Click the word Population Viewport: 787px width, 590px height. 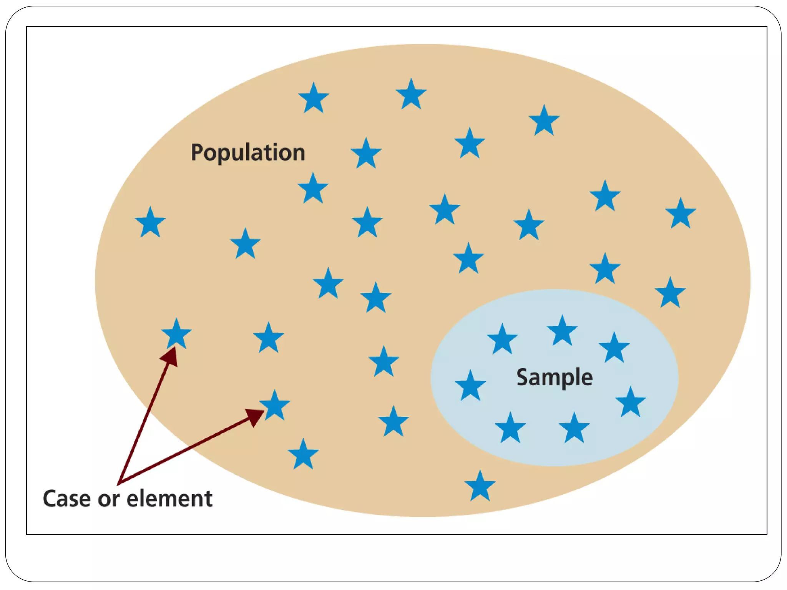pos(248,153)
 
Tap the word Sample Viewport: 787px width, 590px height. pos(554,377)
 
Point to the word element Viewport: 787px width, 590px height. pos(169,499)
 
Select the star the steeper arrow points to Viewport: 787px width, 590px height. pos(176,334)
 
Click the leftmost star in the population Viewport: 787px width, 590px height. pos(150,222)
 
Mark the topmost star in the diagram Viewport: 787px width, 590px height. pos(411,94)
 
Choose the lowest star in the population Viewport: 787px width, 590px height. pos(480,486)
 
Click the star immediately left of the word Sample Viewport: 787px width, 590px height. pos(470,386)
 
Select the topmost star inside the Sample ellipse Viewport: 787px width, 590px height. pos(562,331)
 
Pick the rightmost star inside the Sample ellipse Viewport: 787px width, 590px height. pos(630,402)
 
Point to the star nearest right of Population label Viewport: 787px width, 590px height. pos(366,154)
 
